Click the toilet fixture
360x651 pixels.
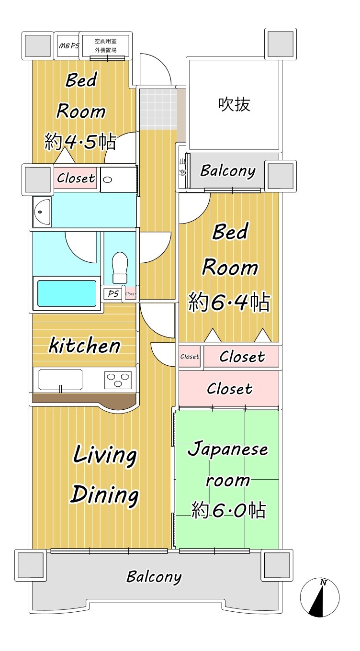(120, 268)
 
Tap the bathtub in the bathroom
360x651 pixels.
(67, 293)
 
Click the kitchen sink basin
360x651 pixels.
(60, 380)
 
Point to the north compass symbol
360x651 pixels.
(320, 597)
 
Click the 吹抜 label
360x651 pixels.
(234, 104)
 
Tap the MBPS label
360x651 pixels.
(69, 45)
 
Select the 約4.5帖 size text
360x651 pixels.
(80, 142)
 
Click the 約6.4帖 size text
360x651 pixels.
(229, 302)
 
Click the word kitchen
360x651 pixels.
(85, 345)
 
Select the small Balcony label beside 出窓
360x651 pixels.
(228, 171)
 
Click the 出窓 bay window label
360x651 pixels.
(182, 167)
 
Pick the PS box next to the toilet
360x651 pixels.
(113, 293)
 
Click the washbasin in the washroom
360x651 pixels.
(42, 212)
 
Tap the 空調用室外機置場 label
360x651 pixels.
(105, 45)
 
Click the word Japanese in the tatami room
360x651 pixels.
(228, 449)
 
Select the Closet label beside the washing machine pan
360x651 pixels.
(76, 178)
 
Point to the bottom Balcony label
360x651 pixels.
(154, 577)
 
